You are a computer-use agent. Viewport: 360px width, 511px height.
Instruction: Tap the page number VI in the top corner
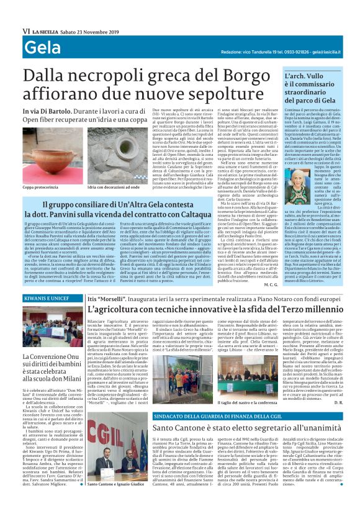pos(26,30)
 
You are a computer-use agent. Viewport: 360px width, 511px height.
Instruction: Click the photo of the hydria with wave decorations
pos(109,165)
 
